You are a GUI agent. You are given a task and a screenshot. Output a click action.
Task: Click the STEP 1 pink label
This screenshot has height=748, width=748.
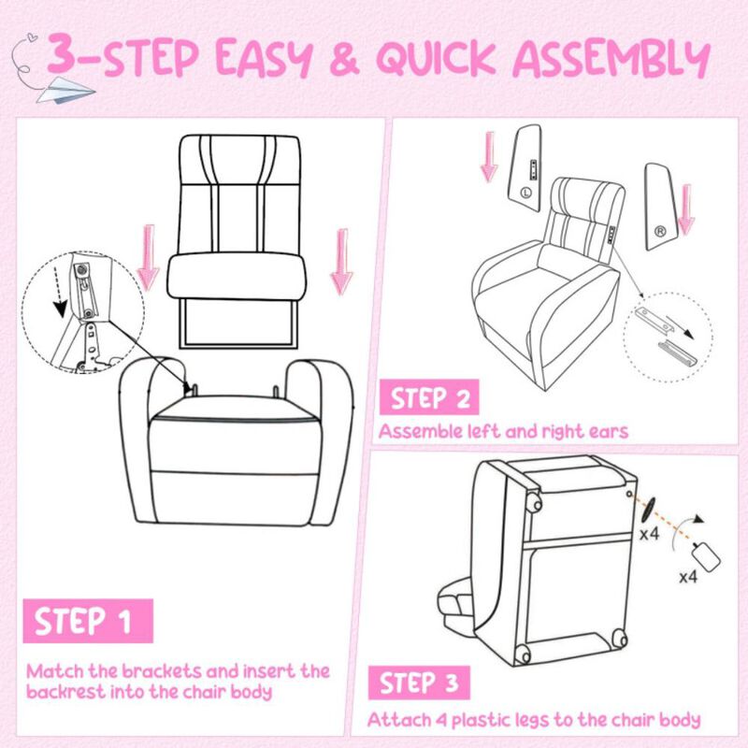pyautogui.click(x=84, y=620)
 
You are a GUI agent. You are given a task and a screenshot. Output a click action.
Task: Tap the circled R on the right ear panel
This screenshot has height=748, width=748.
pyautogui.click(x=659, y=227)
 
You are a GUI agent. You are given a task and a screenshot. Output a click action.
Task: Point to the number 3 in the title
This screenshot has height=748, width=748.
pyautogui.click(x=65, y=57)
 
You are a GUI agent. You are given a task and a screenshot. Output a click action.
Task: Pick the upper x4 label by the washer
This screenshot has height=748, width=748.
pyautogui.click(x=651, y=536)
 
